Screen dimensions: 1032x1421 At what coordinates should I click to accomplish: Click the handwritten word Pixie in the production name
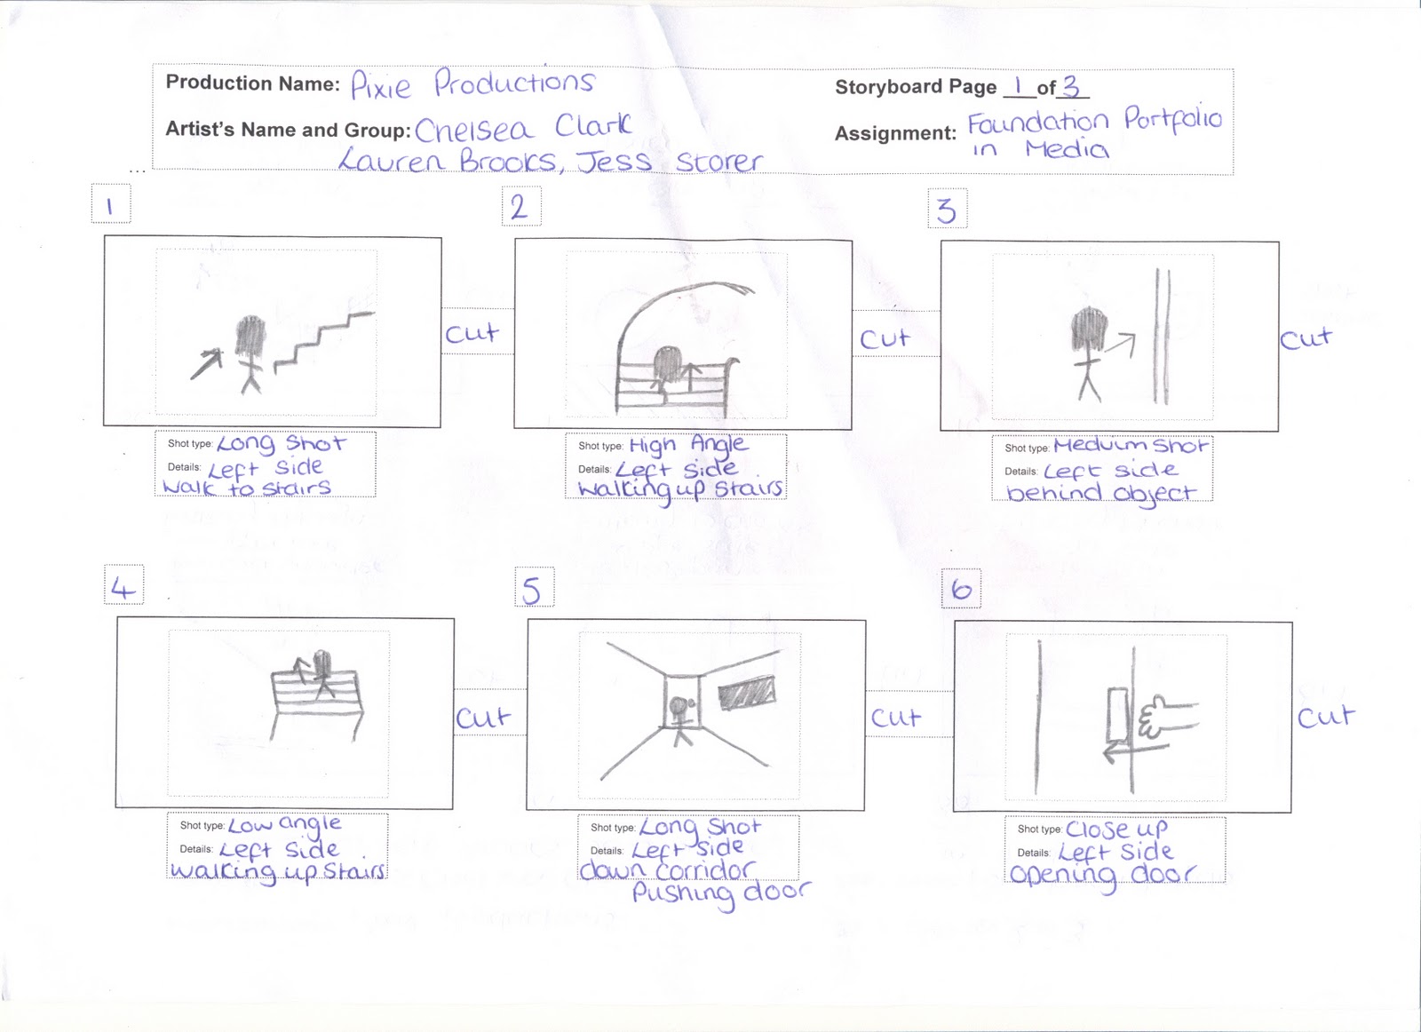(x=380, y=86)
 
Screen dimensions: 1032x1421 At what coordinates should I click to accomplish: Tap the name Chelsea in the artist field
(x=474, y=130)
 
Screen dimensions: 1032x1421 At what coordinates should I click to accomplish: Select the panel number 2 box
(x=520, y=207)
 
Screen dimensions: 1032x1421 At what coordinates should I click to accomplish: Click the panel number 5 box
(x=533, y=588)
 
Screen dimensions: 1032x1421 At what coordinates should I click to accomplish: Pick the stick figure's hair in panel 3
(x=1088, y=329)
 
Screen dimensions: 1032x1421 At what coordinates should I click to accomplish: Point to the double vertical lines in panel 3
(x=1162, y=337)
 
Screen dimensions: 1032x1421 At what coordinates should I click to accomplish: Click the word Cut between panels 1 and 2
(x=472, y=334)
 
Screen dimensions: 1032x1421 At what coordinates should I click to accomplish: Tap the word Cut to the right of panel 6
(x=1326, y=716)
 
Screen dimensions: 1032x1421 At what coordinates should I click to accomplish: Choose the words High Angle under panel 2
(x=688, y=444)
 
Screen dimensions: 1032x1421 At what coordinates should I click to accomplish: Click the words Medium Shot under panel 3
(x=1131, y=445)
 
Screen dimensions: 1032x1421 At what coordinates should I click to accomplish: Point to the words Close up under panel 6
(x=1116, y=829)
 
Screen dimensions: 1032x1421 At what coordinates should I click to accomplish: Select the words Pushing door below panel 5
(x=720, y=893)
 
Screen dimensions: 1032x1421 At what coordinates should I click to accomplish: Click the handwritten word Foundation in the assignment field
(x=1037, y=122)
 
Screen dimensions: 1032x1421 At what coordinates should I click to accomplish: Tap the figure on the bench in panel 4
(x=321, y=674)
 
